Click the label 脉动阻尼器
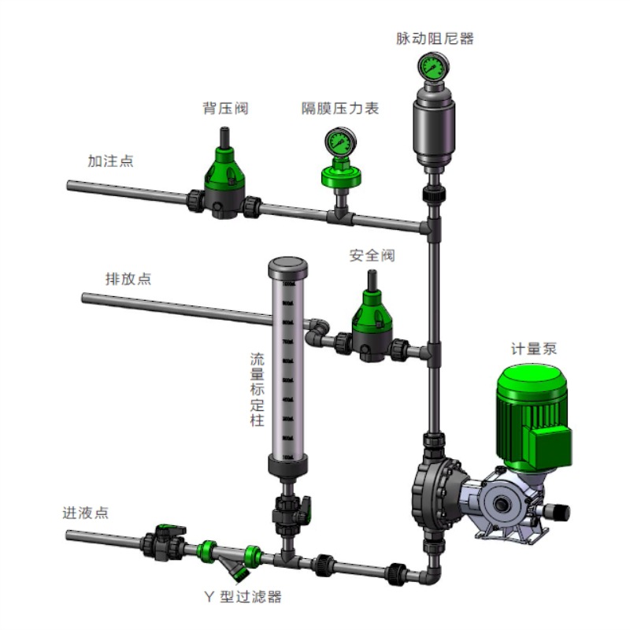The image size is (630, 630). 435,38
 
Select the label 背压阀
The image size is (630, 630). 225,109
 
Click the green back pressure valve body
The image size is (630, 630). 224,176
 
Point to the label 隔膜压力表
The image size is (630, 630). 340,109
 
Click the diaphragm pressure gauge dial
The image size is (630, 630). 339,143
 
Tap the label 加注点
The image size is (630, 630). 110,161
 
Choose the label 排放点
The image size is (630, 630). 128,279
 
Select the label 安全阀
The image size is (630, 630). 372,256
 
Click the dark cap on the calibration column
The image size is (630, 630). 287,266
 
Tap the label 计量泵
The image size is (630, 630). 534,349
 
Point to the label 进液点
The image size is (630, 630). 86,513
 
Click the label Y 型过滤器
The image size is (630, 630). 242,597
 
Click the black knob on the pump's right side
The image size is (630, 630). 558,510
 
